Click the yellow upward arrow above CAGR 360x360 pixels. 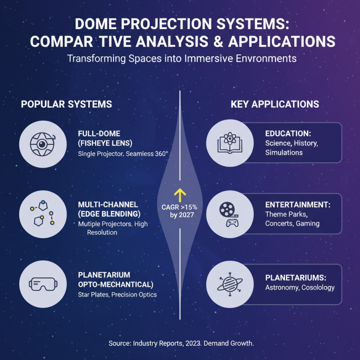pos(180,194)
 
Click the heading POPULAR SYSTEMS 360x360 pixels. pos(67,104)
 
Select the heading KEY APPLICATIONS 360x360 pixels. pos(274,104)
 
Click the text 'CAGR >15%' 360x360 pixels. pos(180,207)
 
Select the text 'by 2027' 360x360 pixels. pos(180,216)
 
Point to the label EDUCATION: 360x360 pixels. pos(288,134)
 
